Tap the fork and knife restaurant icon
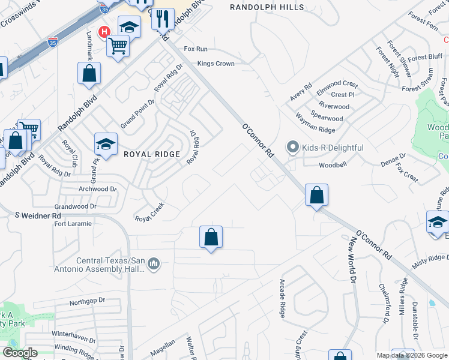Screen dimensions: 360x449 coord(162,19)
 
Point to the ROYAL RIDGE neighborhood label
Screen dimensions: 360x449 coord(152,154)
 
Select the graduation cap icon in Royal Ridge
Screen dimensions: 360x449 coord(106,144)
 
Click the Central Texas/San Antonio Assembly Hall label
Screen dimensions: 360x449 coord(111,265)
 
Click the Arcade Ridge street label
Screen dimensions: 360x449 coord(282,298)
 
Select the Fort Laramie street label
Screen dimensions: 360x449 coord(73,224)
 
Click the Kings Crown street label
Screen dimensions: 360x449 coord(215,63)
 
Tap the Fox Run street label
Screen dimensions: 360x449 coord(196,49)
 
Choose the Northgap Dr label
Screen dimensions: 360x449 coord(87,300)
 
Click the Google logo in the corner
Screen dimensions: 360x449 coord(19,353)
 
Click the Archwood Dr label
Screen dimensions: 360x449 coord(97,189)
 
